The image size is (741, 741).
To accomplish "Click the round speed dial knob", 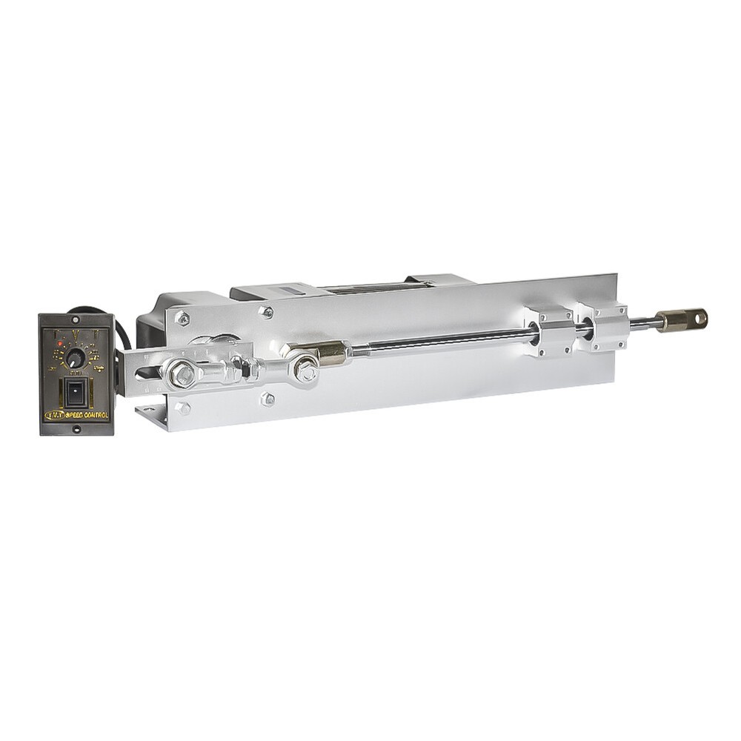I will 75,357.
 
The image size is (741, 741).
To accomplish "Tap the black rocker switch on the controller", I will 75,392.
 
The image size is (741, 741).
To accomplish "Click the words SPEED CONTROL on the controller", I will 87,415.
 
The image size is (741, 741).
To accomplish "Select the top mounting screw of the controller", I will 76,320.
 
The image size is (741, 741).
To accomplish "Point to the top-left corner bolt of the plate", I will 182,318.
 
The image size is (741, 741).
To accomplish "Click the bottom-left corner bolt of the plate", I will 182,408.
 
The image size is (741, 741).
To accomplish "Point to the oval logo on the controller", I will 55,416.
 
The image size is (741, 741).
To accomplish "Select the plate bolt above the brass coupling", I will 267,312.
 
